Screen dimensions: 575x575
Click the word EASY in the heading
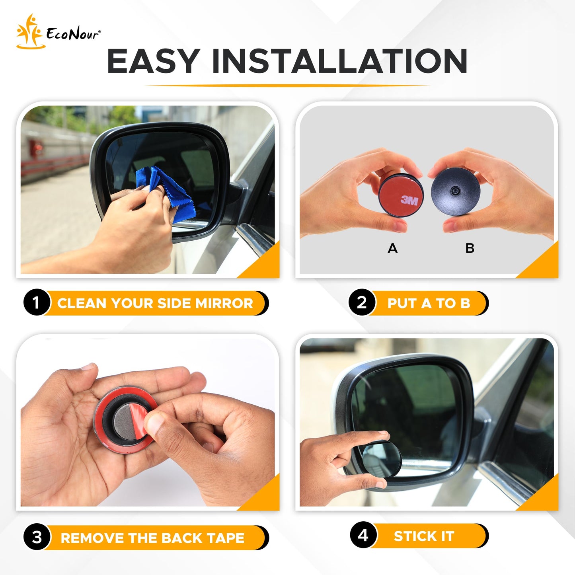click(153, 61)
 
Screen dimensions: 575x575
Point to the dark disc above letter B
click(456, 191)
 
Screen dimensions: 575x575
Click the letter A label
click(392, 248)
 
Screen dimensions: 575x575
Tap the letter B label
click(470, 248)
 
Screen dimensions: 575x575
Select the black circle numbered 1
click(36, 303)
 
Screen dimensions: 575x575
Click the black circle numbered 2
click(362, 302)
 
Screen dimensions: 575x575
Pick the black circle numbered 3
click(37, 538)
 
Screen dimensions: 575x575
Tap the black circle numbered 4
click(363, 535)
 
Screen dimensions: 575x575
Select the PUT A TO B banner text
click(429, 303)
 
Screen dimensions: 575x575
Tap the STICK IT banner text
click(424, 536)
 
